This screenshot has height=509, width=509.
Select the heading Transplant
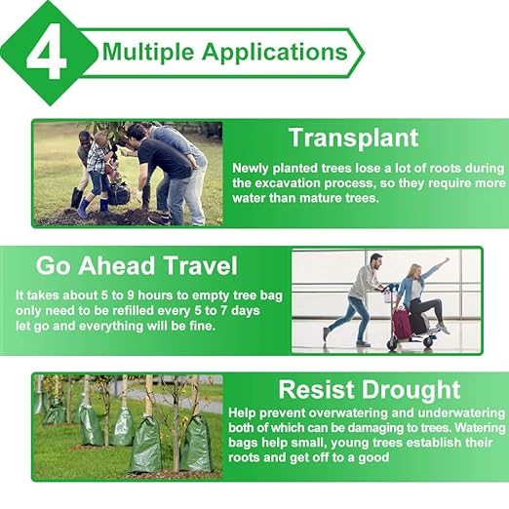coord(352,137)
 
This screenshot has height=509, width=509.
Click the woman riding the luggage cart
coord(417,293)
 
